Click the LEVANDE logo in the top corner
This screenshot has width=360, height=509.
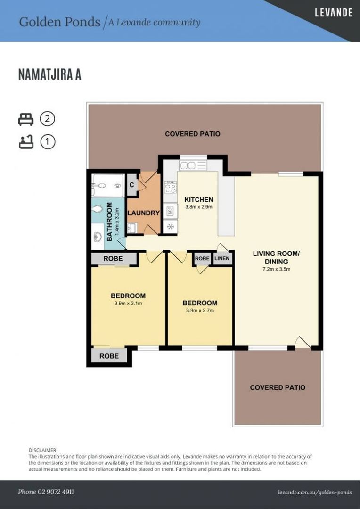coord(334,13)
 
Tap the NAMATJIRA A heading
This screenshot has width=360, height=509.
coord(49,74)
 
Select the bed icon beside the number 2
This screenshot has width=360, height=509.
coord(25,119)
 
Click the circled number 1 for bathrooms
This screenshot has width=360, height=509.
coord(48,142)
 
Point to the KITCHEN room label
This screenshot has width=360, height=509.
coord(199,200)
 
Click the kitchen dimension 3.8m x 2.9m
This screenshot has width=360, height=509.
coord(199,207)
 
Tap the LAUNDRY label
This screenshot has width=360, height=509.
coord(143,213)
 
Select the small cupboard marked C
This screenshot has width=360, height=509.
coord(132,185)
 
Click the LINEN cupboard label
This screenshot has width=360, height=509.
coord(222,258)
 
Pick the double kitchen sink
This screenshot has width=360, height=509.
coord(193,165)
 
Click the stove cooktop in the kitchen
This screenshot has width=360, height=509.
coord(171,188)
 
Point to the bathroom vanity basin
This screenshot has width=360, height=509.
coord(98,237)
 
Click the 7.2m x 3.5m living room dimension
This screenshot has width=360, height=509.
coord(276,269)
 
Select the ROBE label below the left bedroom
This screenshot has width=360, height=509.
coord(109,356)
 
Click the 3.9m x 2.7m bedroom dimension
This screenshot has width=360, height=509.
coord(200,310)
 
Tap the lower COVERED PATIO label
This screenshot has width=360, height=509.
coord(278,387)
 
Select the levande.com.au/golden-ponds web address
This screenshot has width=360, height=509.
coord(315,492)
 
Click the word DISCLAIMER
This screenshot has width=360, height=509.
coord(43,450)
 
